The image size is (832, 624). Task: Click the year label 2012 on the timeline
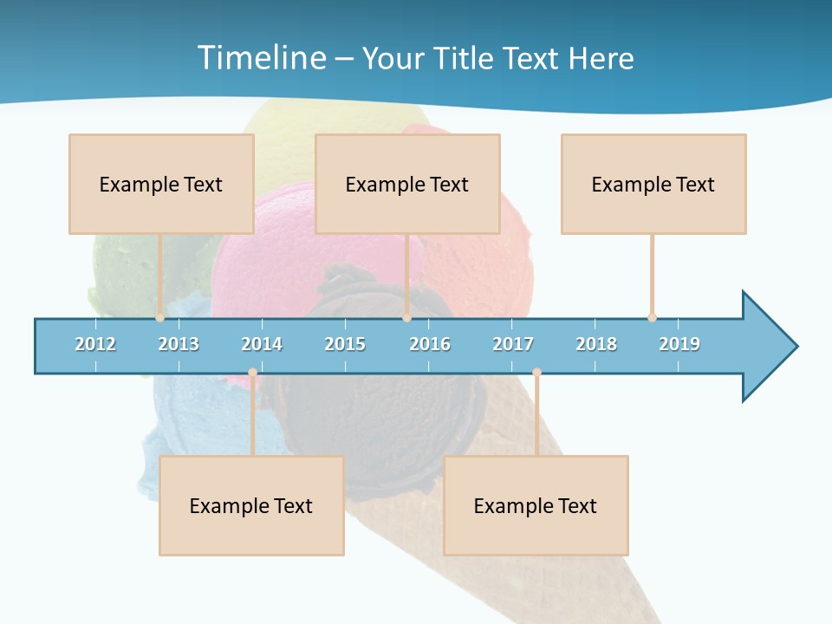click(95, 344)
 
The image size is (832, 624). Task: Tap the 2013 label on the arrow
click(179, 344)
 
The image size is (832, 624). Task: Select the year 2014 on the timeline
click(262, 344)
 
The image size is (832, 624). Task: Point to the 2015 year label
click(345, 344)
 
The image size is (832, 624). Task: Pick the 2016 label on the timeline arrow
click(430, 344)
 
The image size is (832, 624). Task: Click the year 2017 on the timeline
click(513, 344)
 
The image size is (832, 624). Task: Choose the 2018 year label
click(596, 344)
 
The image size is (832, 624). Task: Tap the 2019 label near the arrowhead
click(679, 344)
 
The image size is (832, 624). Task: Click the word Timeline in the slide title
click(260, 58)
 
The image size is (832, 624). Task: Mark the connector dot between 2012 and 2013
click(159, 318)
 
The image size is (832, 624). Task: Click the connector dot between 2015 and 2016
click(406, 318)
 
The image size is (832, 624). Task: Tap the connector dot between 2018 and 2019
click(652, 318)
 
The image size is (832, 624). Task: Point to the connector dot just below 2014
click(252, 373)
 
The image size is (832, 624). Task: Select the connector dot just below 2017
click(536, 373)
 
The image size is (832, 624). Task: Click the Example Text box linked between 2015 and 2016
click(407, 184)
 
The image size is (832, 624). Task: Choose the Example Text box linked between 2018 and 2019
click(653, 184)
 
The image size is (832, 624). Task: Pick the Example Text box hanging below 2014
click(251, 505)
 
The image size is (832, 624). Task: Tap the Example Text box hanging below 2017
click(536, 505)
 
